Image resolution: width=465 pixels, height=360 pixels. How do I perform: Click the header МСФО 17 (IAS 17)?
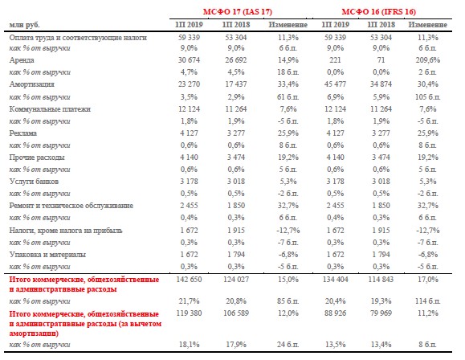tap(237, 12)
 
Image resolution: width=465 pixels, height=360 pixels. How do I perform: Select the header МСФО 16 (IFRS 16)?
tap(379, 12)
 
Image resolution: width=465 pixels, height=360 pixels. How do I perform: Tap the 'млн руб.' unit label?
tap(25, 25)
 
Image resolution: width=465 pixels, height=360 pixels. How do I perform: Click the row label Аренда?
tap(22, 60)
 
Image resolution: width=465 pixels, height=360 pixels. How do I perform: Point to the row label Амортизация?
tap(32, 84)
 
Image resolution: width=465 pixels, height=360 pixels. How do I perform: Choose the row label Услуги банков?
tap(34, 182)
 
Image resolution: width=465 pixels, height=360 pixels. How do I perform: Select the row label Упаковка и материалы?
tap(47, 255)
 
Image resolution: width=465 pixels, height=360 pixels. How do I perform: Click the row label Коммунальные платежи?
tap(50, 109)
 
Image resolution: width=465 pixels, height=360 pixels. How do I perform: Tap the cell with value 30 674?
tap(189, 60)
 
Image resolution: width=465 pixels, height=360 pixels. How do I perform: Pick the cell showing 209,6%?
tap(427, 60)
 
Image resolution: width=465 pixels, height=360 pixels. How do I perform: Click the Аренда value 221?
tap(335, 60)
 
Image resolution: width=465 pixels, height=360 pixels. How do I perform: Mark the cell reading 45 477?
tap(335, 84)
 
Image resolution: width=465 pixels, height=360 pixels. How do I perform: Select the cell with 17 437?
tap(236, 84)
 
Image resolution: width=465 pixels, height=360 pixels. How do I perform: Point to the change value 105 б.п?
tap(427, 97)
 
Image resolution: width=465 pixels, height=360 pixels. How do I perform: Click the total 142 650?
tap(189, 280)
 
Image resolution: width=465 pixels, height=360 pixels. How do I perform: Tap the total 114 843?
tap(381, 280)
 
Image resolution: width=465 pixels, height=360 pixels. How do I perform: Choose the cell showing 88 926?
tap(335, 313)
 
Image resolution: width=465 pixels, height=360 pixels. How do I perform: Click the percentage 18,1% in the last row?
tap(189, 345)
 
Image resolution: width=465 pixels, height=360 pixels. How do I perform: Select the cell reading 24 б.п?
tap(288, 345)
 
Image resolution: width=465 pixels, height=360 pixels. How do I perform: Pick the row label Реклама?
tap(22, 133)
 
